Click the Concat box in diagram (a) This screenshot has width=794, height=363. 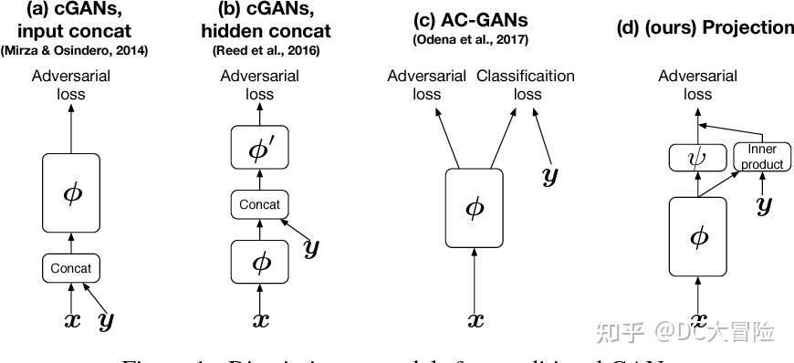(71, 269)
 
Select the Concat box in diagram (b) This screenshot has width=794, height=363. (259, 204)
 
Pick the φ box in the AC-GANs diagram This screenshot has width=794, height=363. (475, 208)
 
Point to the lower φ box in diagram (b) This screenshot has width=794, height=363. (259, 262)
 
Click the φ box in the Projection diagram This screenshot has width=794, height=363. (699, 237)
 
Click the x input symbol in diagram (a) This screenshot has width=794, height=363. (70, 321)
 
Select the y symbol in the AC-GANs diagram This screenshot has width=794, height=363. (549, 175)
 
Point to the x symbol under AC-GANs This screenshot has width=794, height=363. (475, 321)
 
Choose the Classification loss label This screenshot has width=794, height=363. (526, 85)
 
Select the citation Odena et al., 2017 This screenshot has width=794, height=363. (475, 39)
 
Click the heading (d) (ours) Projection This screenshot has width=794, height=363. (705, 26)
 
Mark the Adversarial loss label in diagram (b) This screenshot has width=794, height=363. (259, 85)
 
